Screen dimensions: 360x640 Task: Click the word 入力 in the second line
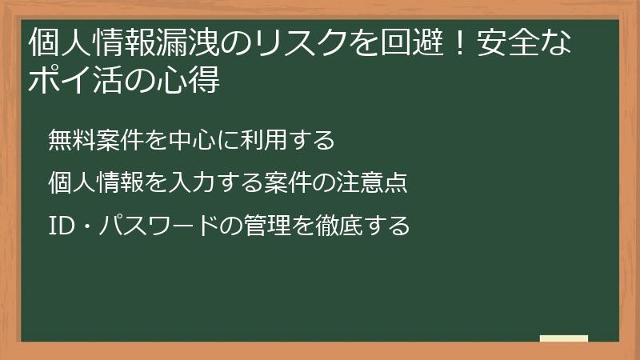pos(190,183)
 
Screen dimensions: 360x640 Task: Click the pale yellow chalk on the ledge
pos(563,338)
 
